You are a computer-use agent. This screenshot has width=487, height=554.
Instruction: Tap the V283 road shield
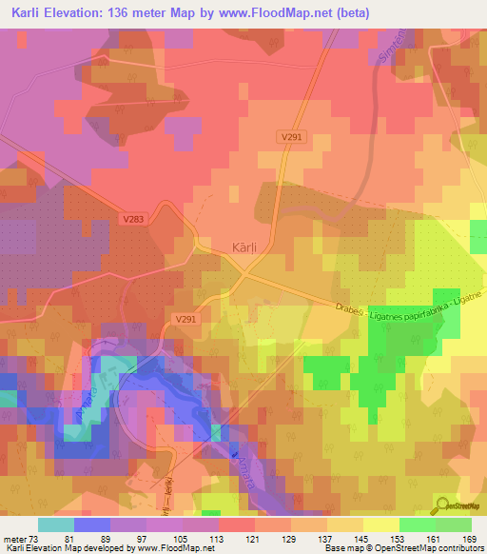pyautogui.click(x=134, y=220)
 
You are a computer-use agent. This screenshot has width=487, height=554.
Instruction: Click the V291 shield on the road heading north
pyautogui.click(x=291, y=136)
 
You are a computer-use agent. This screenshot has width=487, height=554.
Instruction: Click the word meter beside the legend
pyautogui.click(x=14, y=539)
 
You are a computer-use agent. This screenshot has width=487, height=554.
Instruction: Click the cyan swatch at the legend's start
pyautogui.click(x=55, y=524)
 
